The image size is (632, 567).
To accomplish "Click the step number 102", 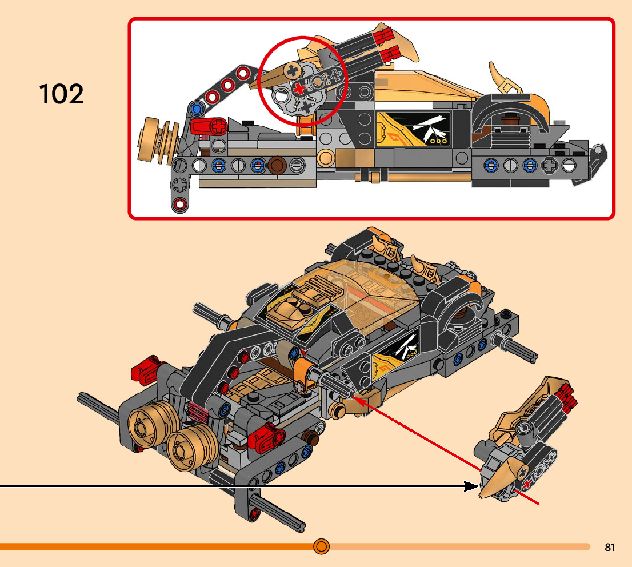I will [62, 93].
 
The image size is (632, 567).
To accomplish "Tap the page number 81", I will [610, 548].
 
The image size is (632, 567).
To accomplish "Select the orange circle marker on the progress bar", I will [321, 546].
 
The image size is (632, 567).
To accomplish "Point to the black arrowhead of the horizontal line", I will [471, 486].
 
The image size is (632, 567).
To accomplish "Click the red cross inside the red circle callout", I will [297, 88].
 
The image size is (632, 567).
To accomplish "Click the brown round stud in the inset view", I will [278, 165].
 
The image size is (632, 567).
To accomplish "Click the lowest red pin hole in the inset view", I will [181, 203].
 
